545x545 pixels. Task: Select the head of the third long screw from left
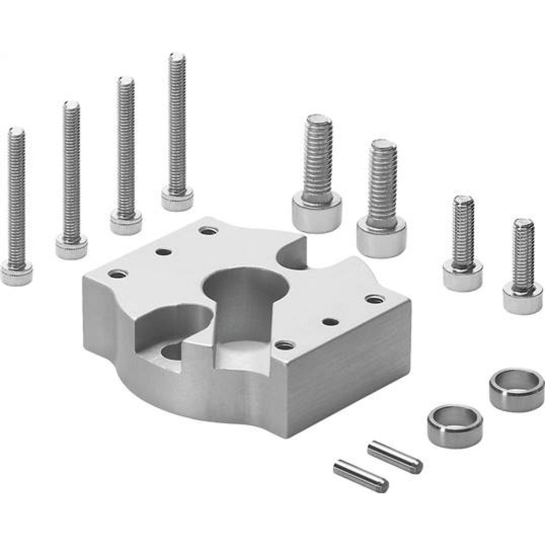coord(126,222)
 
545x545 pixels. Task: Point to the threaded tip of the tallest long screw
coord(177,60)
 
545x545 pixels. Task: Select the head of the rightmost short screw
coord(522,299)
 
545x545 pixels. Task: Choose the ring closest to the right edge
coord(516,389)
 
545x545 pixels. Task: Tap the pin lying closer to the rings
coord(395,457)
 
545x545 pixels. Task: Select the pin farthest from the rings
coord(361,476)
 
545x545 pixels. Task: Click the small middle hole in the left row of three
coord(163,252)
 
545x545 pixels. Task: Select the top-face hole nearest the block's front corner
coord(284,345)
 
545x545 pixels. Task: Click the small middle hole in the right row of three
coord(330,322)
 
